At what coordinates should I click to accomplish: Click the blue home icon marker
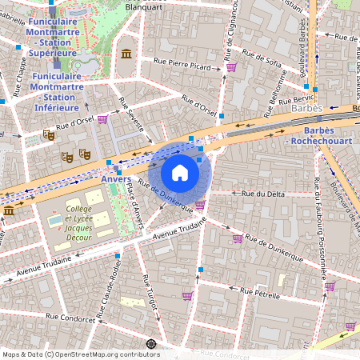(180, 172)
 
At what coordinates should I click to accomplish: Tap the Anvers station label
(116, 180)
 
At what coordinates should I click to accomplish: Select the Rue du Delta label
(258, 193)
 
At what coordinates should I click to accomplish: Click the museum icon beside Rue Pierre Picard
(126, 54)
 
